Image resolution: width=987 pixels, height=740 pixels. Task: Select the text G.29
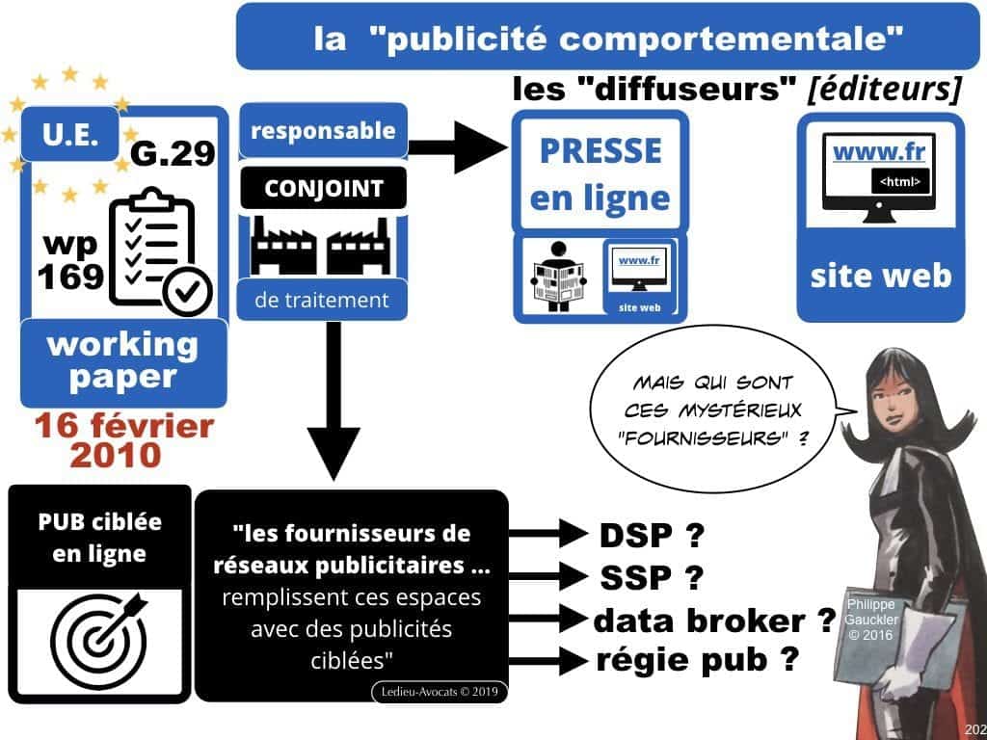171,153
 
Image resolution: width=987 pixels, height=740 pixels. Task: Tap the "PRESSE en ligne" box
600,174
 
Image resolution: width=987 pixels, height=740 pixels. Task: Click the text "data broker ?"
713,620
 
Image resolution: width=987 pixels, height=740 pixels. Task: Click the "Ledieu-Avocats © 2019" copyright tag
438,691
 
